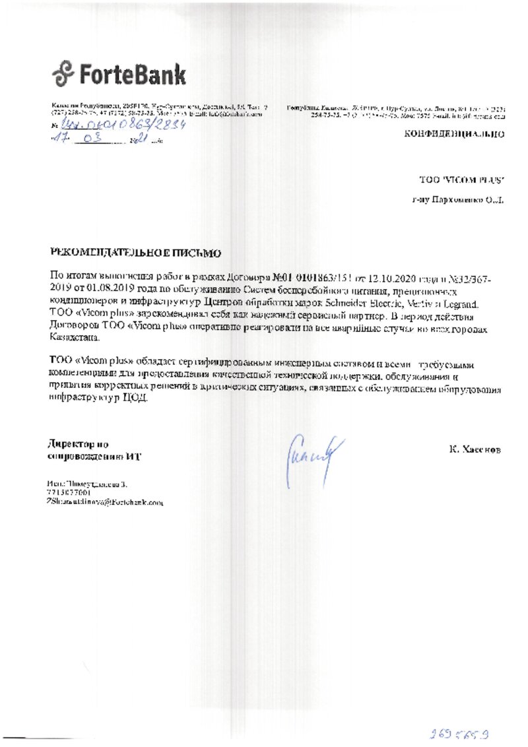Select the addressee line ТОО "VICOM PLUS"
point(462,179)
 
